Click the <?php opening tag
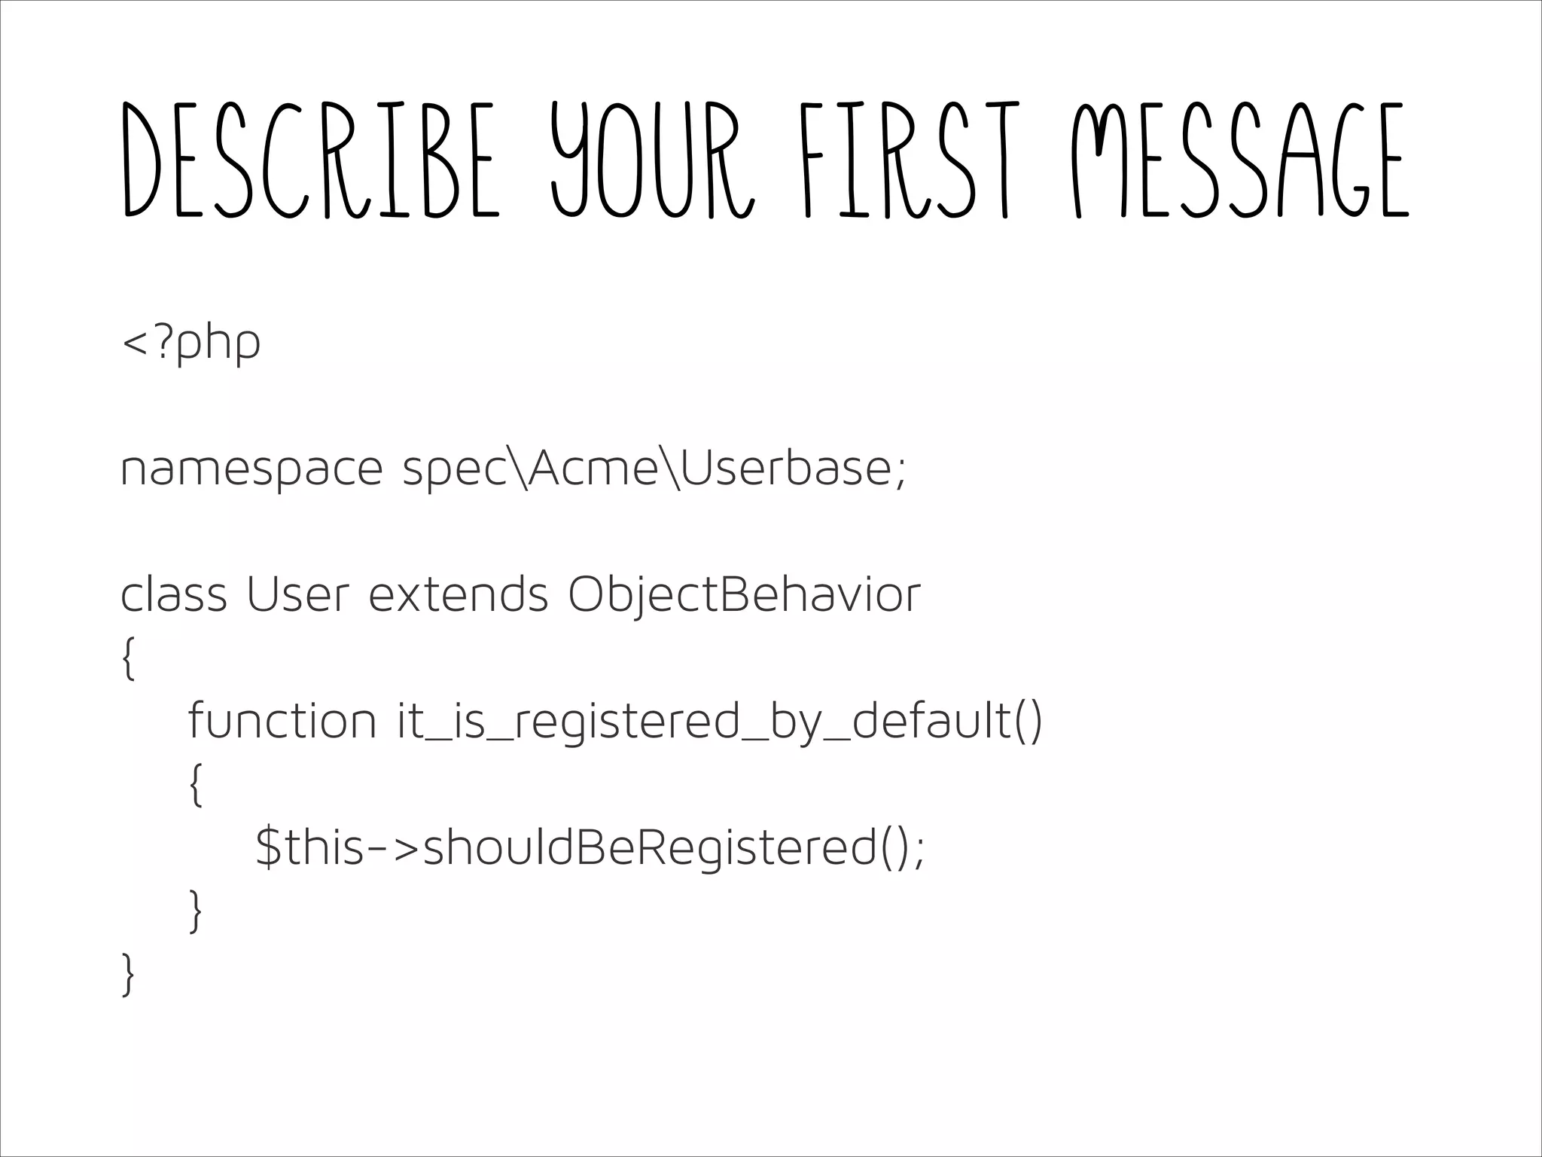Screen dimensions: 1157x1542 pyautogui.click(x=190, y=343)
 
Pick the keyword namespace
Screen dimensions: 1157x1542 pyautogui.click(x=251, y=469)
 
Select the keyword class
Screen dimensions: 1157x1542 pyautogui.click(x=173, y=594)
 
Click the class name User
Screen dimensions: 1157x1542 pyautogui.click(x=298, y=594)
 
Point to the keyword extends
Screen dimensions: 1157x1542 pyautogui.click(x=458, y=594)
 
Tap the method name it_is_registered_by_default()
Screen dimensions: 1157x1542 pyautogui.click(x=720, y=722)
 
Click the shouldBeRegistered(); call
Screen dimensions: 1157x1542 pyautogui.click(x=674, y=848)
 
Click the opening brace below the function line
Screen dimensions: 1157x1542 pyautogui.click(x=196, y=785)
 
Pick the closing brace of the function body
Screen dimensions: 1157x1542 pyautogui.click(x=196, y=911)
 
